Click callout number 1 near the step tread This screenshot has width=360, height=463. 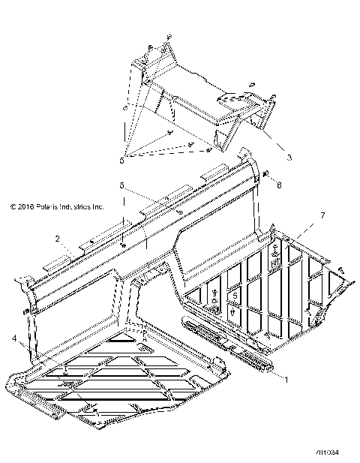pos(284,380)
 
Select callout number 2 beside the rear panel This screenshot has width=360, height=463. pos(56,238)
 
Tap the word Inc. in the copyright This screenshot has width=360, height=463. pos(97,206)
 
